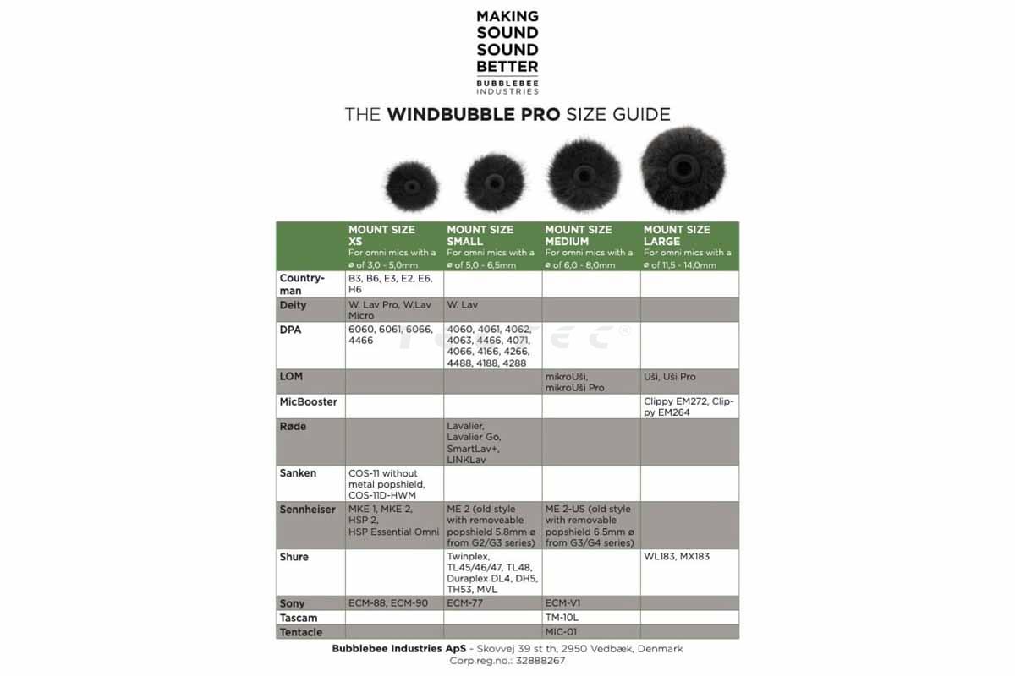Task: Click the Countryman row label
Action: point(302,284)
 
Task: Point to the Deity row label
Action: point(294,305)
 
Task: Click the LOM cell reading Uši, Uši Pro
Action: point(670,377)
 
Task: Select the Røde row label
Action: point(294,427)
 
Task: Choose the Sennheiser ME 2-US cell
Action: point(590,526)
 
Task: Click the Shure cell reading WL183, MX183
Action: point(677,558)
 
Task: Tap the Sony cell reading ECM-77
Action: point(465,603)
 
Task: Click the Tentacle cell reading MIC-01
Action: point(561,632)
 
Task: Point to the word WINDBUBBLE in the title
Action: point(473,115)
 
